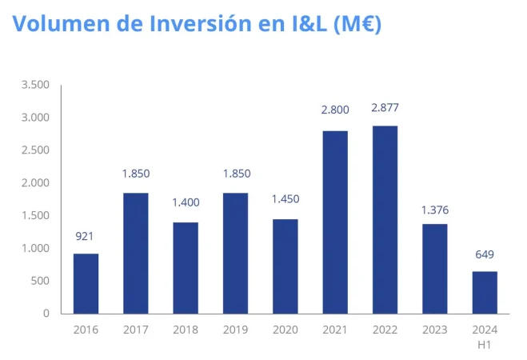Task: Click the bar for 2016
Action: pyautogui.click(x=86, y=283)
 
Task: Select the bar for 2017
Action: pyautogui.click(x=136, y=253)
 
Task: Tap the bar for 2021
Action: pyautogui.click(x=335, y=222)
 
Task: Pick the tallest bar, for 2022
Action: pyautogui.click(x=385, y=219)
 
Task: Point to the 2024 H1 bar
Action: pyautogui.click(x=485, y=292)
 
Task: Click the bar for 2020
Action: pyautogui.click(x=285, y=266)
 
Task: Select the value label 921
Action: pyautogui.click(x=86, y=236)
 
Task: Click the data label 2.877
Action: pyautogui.click(x=385, y=108)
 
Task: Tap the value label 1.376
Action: pyautogui.click(x=434, y=210)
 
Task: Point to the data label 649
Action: pyautogui.click(x=485, y=254)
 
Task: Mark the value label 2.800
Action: pyautogui.click(x=335, y=109)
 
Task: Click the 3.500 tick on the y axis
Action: pyautogui.click(x=35, y=85)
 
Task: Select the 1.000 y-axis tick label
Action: pyautogui.click(x=35, y=248)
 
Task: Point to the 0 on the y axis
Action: pyautogui.click(x=46, y=314)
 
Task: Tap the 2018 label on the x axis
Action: pyautogui.click(x=186, y=329)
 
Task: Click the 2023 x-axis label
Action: pyautogui.click(x=434, y=329)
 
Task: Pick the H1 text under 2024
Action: pyautogui.click(x=485, y=344)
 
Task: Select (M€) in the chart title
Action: pyautogui.click(x=351, y=24)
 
